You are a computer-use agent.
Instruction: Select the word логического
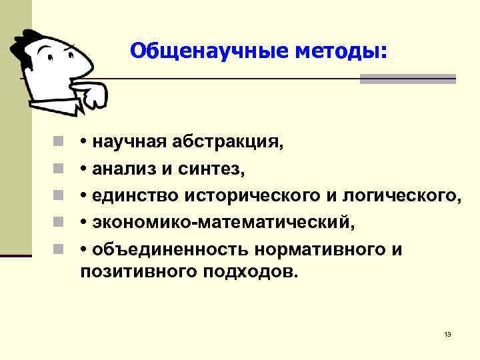point(400,197)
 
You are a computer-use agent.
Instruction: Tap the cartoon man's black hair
point(30,47)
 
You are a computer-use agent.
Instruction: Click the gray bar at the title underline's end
point(407,79)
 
